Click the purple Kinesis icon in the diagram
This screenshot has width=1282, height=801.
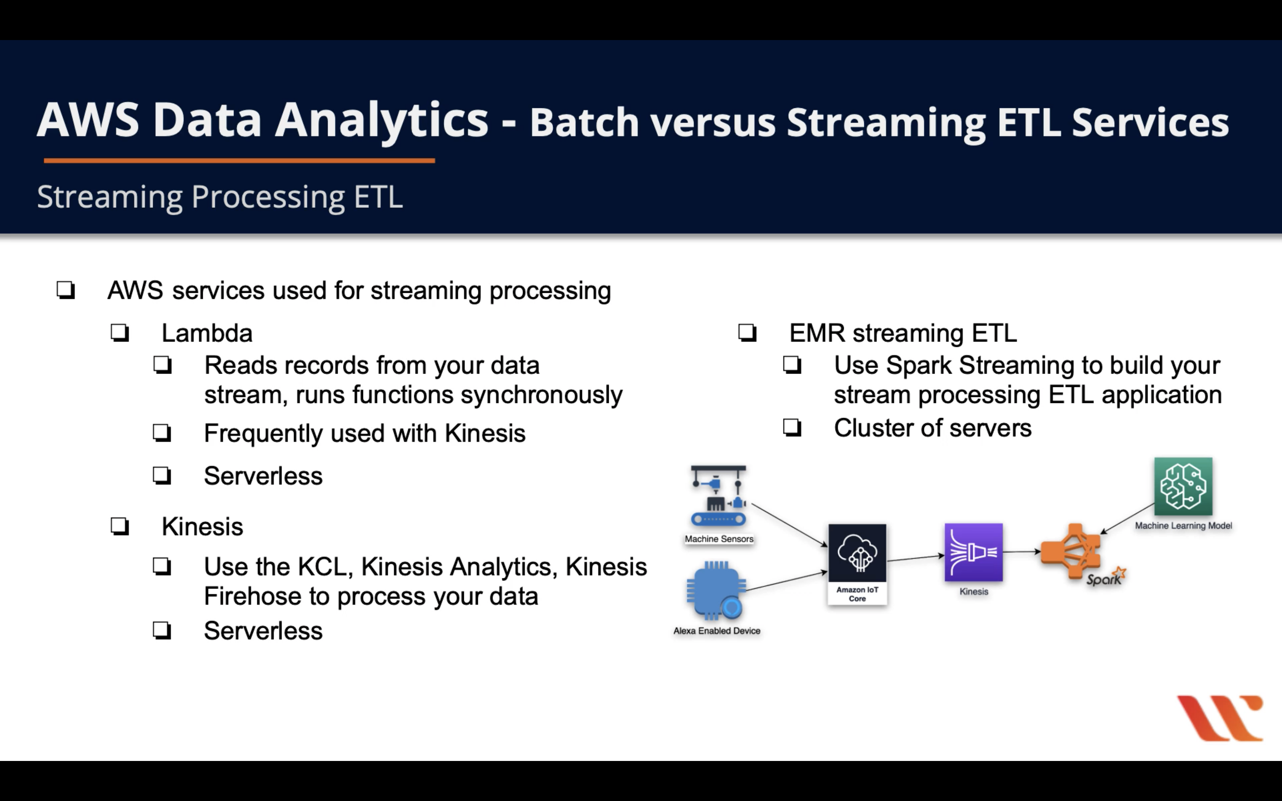[974, 552]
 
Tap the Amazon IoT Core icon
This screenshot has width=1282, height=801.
[857, 553]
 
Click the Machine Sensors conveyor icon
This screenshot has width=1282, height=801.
[718, 496]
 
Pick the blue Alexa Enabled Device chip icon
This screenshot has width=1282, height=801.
[716, 590]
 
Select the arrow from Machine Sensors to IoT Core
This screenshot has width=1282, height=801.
[789, 525]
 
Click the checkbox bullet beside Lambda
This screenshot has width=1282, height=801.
[120, 333]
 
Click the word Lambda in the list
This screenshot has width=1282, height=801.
[207, 333]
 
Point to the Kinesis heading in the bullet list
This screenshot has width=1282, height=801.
[202, 527]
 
